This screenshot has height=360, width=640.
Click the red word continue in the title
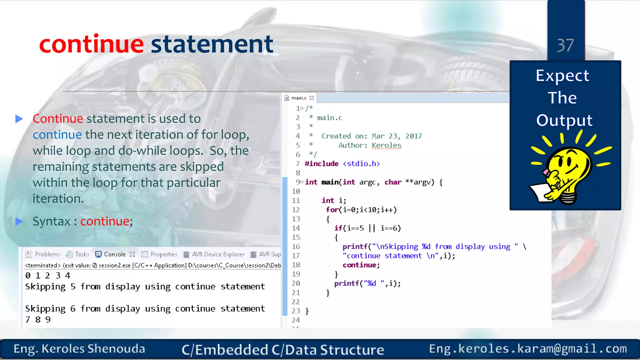91,44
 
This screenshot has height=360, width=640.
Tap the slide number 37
565,46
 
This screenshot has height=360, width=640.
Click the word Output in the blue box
564,120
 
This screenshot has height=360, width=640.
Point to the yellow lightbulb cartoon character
566,174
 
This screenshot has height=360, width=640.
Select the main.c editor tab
299,98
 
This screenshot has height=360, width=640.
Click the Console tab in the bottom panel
115,254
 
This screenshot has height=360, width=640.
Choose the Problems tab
47,254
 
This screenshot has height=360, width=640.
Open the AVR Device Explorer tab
218,254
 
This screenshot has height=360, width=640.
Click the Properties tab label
163,254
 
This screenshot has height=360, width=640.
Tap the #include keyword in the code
322,164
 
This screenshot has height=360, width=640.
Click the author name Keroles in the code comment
387,145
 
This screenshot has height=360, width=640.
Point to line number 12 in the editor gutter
296,210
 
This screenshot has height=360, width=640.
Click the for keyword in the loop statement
332,210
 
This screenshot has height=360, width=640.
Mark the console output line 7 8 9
38,319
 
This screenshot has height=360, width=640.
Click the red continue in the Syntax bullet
105,221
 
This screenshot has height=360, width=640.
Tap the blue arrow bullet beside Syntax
19,221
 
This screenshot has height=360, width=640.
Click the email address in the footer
528,349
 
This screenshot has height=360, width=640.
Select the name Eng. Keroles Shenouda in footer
79,349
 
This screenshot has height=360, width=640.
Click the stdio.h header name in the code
361,164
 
